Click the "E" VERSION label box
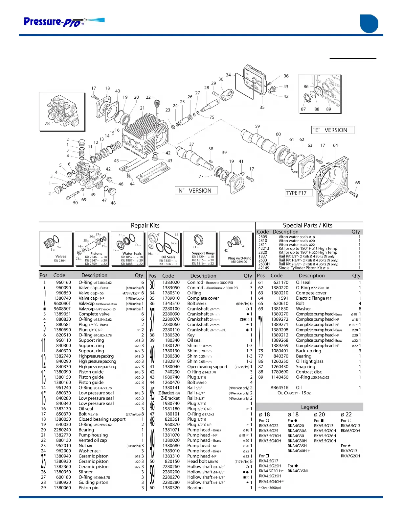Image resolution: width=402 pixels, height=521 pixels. pyautogui.click(x=332, y=130)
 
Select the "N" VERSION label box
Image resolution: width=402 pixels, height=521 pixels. pyautogui.click(x=196, y=190)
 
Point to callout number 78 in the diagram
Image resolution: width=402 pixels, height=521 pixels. pyautogui.click(x=47, y=123)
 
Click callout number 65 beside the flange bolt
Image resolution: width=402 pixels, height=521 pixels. pyautogui.click(x=357, y=183)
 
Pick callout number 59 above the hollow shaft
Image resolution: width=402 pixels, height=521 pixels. pyautogui.click(x=257, y=126)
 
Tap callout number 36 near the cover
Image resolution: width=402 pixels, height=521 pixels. pyautogui.click(x=286, y=76)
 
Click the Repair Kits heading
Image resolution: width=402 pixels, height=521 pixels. pyautogui.click(x=145, y=226)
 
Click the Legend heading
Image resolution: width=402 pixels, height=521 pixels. pyautogui.click(x=309, y=407)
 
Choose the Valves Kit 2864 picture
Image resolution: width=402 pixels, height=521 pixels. pyautogui.click(x=56, y=249)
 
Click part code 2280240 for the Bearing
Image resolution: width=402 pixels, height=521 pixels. pyautogui.click(x=62, y=430)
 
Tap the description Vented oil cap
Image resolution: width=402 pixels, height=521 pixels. pyautogui.click(x=93, y=440)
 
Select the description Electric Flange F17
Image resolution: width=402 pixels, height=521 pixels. pyautogui.click(x=314, y=298)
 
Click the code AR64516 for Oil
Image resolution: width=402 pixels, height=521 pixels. pyautogui.click(x=279, y=387)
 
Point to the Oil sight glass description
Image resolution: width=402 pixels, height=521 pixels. pyautogui.click(x=309, y=361)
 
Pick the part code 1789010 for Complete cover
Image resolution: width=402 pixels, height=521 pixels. pyautogui.click(x=171, y=298)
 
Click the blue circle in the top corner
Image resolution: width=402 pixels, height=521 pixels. pyautogui.click(x=369, y=24)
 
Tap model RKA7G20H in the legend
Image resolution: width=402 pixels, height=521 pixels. pyautogui.click(x=350, y=456)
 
